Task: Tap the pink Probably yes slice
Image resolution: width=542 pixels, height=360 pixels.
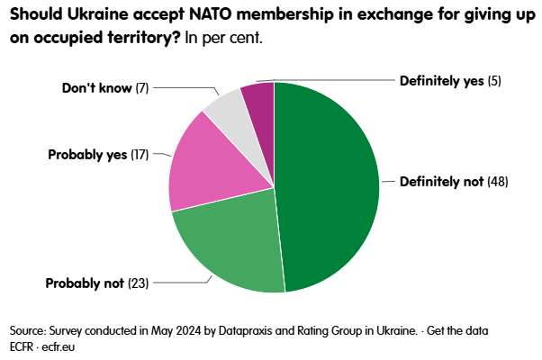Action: [x=203, y=171]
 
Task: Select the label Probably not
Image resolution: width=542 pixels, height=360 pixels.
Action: [x=84, y=283]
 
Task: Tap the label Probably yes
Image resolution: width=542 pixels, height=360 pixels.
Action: [x=87, y=155]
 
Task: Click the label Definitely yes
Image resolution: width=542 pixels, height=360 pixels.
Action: [x=440, y=81]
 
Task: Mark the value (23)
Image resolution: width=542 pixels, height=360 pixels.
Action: [x=138, y=283]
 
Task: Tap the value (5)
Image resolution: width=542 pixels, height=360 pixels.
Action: [x=494, y=81]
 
